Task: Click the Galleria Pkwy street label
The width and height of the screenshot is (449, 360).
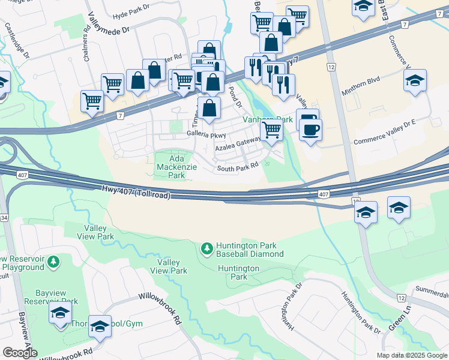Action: point(206,134)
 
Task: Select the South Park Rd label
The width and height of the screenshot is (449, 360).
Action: point(238,169)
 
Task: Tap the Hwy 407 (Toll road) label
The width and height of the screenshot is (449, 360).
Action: point(136,193)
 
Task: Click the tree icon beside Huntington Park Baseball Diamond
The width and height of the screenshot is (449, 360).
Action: point(206,248)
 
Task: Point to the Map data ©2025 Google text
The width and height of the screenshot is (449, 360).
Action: point(411,355)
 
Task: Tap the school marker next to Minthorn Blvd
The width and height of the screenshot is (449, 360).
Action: point(415,80)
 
